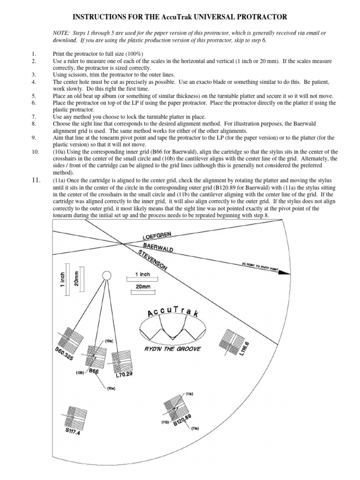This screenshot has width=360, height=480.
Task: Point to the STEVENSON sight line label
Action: pos(153,260)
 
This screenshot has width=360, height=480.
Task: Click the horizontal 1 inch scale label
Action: pos(142,274)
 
